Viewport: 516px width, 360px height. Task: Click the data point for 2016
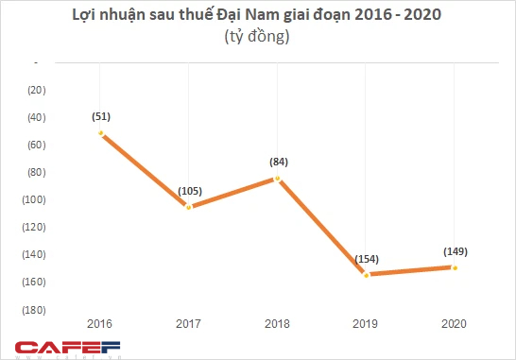(x=100, y=132)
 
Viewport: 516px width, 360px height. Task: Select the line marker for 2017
(x=189, y=206)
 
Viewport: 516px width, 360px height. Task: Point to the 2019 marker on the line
(x=365, y=274)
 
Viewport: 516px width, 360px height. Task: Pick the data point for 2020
(x=454, y=267)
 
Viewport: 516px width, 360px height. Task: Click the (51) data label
(x=102, y=115)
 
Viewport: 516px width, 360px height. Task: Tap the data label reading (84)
(x=277, y=162)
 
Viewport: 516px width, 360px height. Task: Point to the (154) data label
(x=365, y=258)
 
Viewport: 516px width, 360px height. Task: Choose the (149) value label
(x=455, y=251)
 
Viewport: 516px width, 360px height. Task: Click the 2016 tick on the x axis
(x=100, y=324)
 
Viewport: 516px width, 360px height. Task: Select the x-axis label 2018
(x=277, y=324)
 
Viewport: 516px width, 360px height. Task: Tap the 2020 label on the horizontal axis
(x=454, y=324)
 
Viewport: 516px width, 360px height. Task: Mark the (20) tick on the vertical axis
(x=36, y=90)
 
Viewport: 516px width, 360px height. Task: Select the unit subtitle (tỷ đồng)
(x=258, y=38)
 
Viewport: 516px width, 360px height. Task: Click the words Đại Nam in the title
(x=299, y=16)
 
